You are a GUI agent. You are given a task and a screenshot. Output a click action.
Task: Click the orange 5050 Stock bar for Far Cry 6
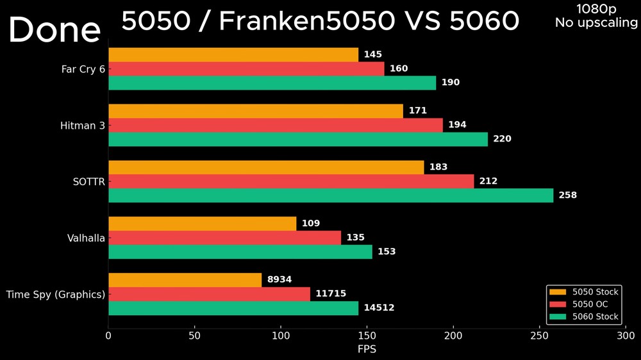[233, 54]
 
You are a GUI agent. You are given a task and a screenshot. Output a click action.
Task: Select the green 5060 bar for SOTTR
[331, 195]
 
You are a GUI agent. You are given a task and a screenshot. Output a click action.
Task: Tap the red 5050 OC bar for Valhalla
[224, 238]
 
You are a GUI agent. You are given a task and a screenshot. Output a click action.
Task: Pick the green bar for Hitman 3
[298, 139]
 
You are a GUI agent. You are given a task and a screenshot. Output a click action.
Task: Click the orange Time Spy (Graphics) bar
[185, 280]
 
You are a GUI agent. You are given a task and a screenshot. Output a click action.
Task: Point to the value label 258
[568, 195]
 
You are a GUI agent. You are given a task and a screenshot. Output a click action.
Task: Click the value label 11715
[331, 294]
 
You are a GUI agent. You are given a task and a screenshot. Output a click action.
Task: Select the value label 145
[372, 55]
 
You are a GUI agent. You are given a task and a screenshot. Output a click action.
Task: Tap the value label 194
[457, 125]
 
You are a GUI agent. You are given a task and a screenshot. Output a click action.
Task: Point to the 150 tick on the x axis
[367, 335]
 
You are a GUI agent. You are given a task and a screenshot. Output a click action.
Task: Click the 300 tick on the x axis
[626, 335]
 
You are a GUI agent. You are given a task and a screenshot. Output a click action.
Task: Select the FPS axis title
[367, 349]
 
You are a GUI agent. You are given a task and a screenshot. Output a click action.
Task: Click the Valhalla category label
[86, 238]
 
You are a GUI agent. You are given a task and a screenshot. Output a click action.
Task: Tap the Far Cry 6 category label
[83, 69]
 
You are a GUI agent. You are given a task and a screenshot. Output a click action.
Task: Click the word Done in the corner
[54, 30]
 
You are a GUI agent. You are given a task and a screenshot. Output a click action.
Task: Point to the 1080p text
[596, 9]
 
